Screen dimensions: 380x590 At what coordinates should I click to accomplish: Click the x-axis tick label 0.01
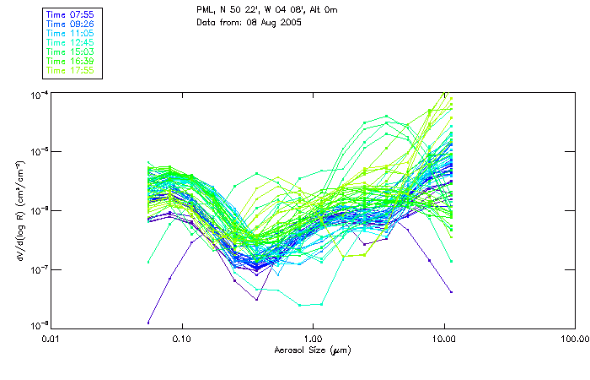point(51,339)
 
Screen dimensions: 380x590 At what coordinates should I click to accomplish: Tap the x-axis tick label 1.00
point(313,339)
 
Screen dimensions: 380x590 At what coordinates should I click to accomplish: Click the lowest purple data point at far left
point(148,323)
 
